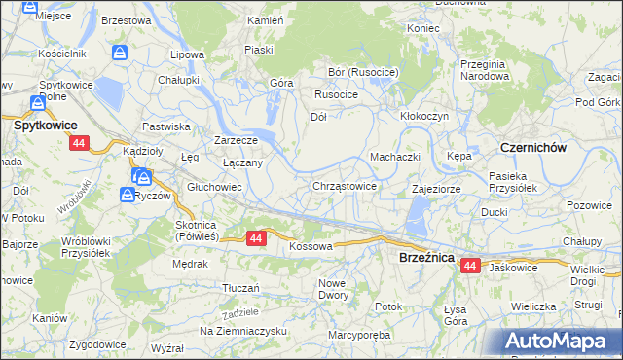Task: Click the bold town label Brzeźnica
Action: pos(424,257)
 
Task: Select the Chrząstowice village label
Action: pos(345,185)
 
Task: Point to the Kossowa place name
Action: pos(311,247)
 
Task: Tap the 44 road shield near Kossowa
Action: pos(256,237)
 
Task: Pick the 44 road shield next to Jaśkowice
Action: pos(471,266)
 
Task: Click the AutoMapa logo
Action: pos(558,341)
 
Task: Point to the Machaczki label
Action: pos(394,157)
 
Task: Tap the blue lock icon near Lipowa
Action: pos(120,53)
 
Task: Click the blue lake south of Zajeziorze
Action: pos(417,212)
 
